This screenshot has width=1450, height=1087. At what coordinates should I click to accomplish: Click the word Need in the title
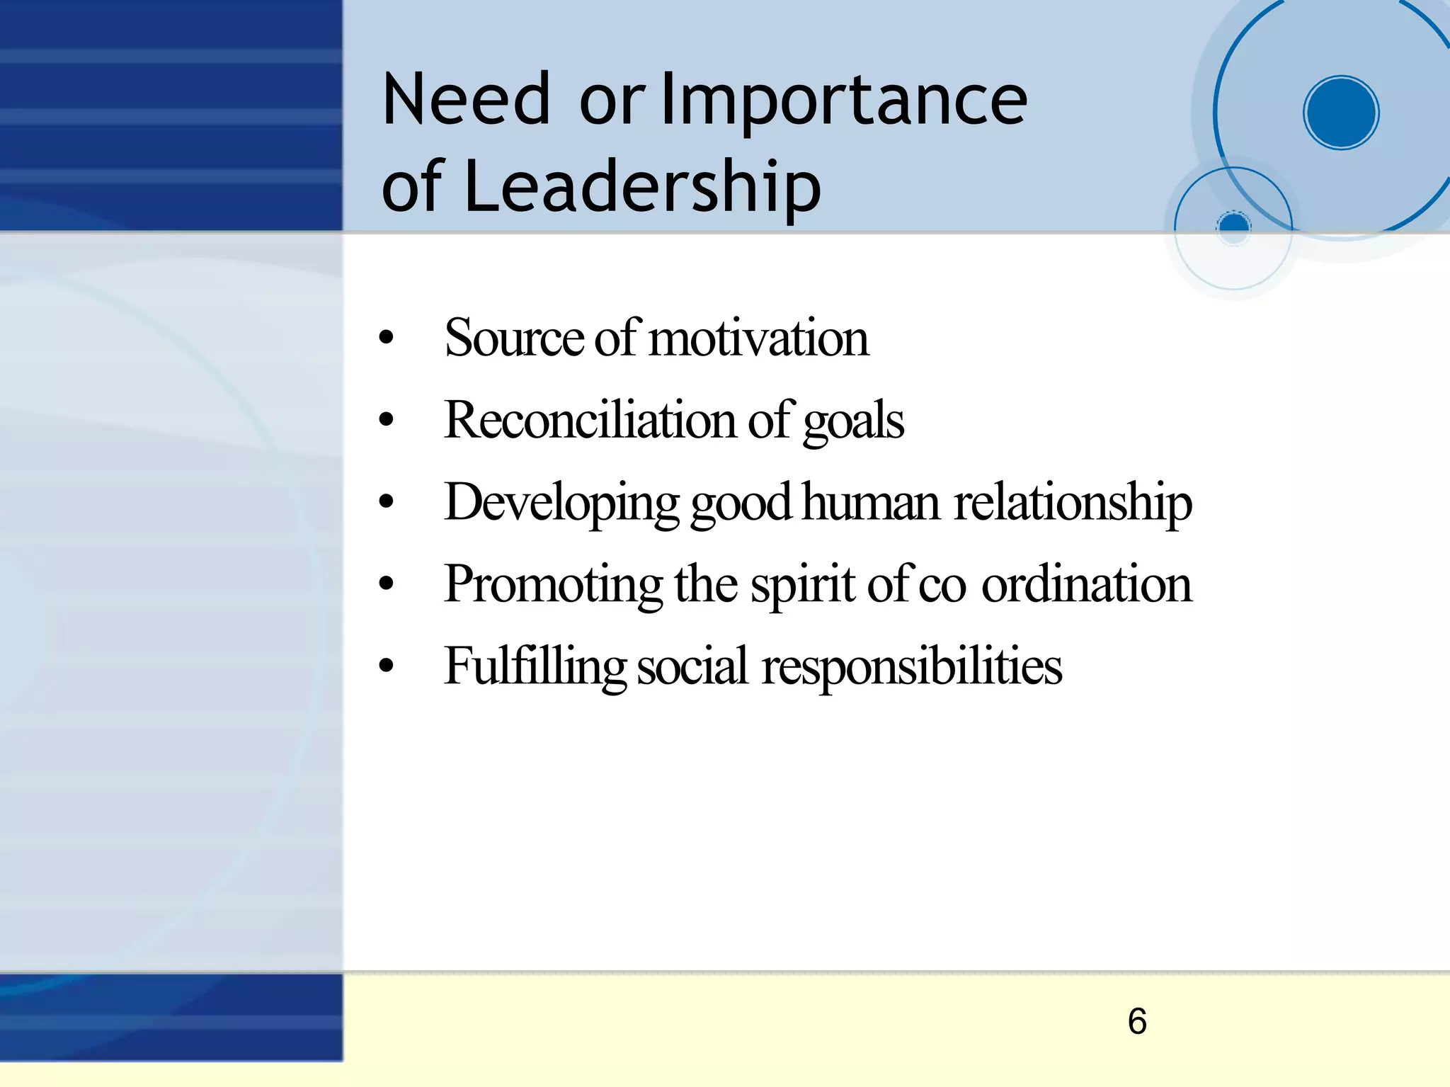coord(466,100)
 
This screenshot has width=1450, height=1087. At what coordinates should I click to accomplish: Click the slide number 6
coord(1137,1022)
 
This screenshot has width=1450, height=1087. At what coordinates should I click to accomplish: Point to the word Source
coord(513,338)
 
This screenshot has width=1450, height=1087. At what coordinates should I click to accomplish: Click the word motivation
coord(758,338)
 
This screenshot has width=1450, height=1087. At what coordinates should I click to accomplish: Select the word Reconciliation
coord(590,420)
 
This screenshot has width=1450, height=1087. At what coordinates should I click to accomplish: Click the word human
coord(872,502)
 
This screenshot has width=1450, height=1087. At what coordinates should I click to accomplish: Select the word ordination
coord(1087,584)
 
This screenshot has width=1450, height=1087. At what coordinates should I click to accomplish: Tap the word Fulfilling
coord(535,667)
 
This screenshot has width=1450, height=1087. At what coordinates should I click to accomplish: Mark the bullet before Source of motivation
coord(386,338)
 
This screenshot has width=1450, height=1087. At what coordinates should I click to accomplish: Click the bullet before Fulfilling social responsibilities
coord(386,667)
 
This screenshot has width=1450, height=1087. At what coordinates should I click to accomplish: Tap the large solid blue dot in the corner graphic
coord(1341,113)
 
